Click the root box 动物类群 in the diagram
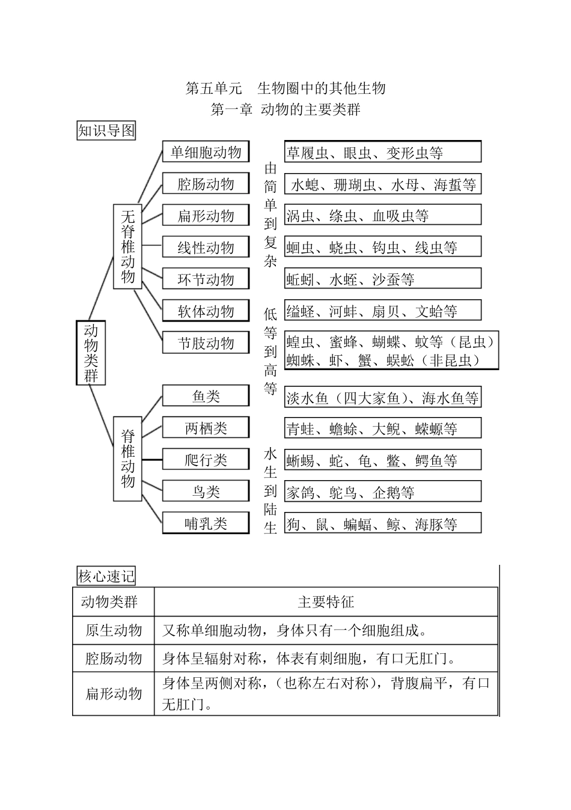(x=91, y=353)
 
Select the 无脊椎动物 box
(x=127, y=246)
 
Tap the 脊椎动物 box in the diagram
(x=127, y=458)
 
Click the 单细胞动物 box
(x=206, y=152)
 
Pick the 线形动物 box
(x=206, y=248)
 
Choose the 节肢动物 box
(x=206, y=343)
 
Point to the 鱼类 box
(x=206, y=396)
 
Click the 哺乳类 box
(x=206, y=523)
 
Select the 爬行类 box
(x=206, y=460)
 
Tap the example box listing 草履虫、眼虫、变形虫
(x=382, y=153)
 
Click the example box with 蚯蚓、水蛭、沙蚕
(x=382, y=279)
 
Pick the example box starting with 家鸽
(x=382, y=492)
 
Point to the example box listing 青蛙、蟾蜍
(x=382, y=428)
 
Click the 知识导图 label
(x=106, y=130)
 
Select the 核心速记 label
(x=106, y=576)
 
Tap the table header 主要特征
(x=326, y=602)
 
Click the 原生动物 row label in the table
(x=114, y=630)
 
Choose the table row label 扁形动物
(x=114, y=693)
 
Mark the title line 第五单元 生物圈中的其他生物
(x=285, y=88)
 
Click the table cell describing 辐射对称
(x=326, y=659)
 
